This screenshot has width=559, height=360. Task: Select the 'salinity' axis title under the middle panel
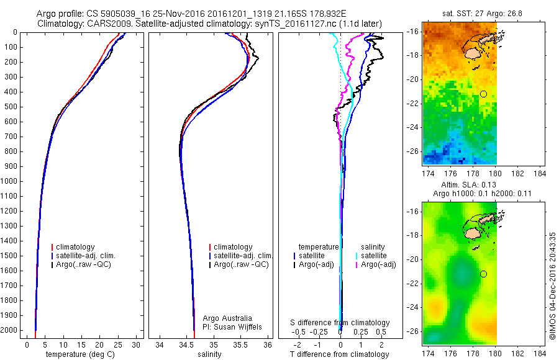coord(209,354)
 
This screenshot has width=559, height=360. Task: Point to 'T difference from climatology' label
coord(340,354)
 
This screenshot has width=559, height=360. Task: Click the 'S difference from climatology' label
coord(340,323)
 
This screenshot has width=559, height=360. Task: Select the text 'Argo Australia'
coord(227,318)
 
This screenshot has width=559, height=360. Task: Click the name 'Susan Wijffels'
coord(239,326)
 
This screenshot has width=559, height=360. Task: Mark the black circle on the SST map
coord(483,94)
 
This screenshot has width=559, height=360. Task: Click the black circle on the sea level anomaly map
coord(483,274)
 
